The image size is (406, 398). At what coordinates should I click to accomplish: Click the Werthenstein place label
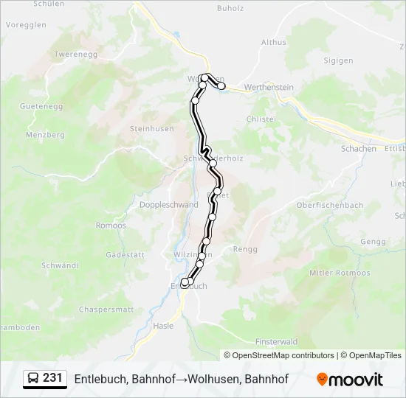pos(269,88)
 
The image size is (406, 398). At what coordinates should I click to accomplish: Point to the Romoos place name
pos(111,226)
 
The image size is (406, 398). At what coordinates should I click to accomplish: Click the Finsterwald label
pos(276,342)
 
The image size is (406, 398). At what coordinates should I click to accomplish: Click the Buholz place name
pos(230,9)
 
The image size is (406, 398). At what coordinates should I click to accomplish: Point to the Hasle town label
pos(162,325)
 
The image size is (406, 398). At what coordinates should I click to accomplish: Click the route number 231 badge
pos(52,378)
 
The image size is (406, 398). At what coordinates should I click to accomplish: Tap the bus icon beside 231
pos(34,379)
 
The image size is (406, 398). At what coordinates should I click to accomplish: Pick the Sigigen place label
pos(339,60)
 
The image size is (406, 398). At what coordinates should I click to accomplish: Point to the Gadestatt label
pos(124,254)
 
